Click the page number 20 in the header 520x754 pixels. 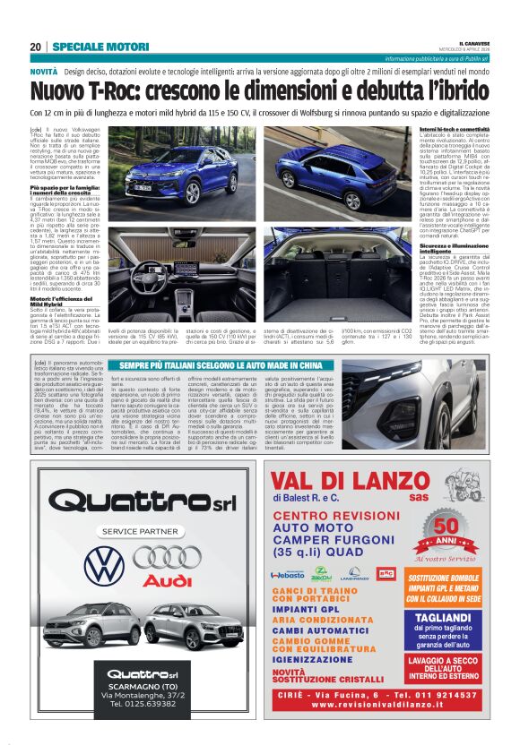click(x=35, y=47)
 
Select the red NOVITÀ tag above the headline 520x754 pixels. click(x=44, y=70)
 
